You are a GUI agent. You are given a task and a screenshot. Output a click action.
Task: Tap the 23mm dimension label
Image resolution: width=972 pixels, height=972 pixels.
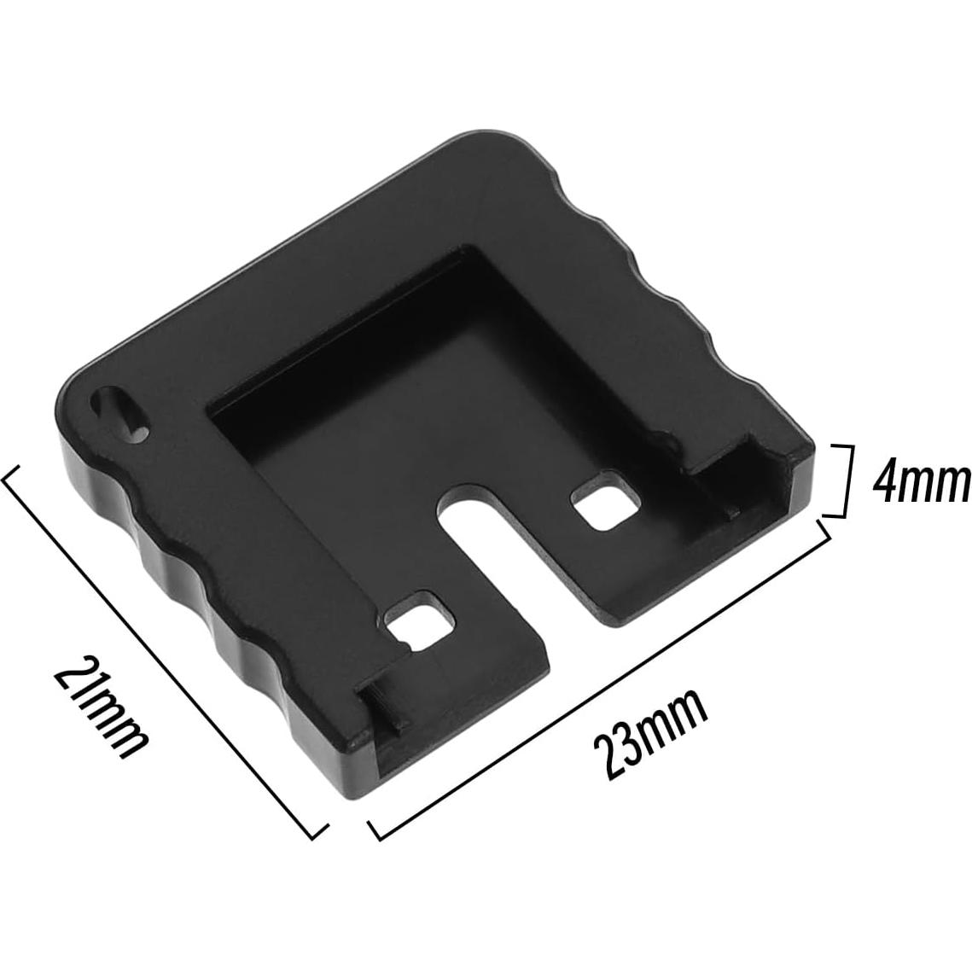(x=653, y=733)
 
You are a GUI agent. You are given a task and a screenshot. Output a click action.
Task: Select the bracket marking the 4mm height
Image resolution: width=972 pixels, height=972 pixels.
(x=841, y=480)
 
